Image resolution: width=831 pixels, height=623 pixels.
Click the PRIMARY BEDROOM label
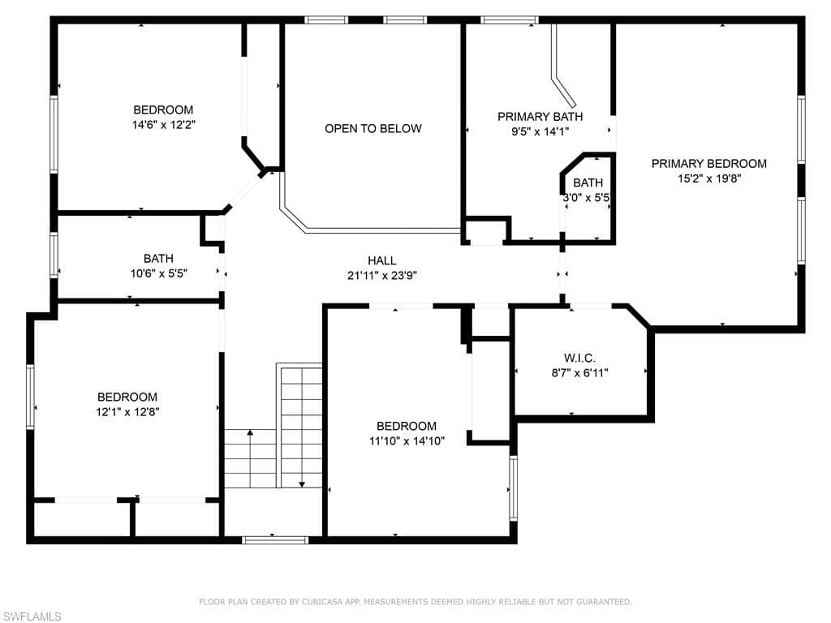click(708, 164)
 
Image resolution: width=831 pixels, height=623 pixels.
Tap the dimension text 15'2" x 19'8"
click(709, 178)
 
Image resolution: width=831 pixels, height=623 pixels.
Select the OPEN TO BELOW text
click(373, 128)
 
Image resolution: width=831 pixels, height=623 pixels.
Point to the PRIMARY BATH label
click(540, 117)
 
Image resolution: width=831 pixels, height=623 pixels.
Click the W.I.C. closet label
click(579, 358)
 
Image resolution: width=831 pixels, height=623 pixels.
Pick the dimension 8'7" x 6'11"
click(579, 373)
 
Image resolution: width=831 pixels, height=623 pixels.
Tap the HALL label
click(381, 260)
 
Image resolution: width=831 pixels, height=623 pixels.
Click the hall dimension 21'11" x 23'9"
click(382, 276)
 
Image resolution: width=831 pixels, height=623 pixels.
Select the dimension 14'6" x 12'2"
click(164, 125)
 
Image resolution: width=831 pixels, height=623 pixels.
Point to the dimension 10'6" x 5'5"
click(159, 273)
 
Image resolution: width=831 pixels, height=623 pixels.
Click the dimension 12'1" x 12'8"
click(127, 411)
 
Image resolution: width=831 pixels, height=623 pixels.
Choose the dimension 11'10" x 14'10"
click(407, 440)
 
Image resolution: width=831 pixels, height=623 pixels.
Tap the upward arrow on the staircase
click(250, 458)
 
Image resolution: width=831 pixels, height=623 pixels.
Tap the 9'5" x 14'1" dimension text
click(540, 131)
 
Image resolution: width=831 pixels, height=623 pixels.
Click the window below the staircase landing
click(275, 540)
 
